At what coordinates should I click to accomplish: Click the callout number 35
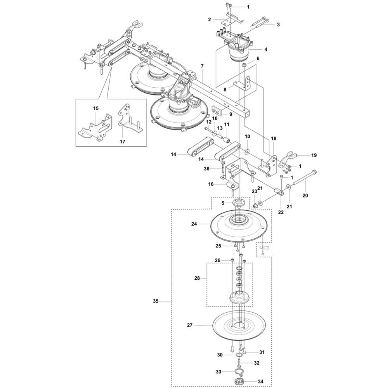pyautogui.click(x=156, y=301)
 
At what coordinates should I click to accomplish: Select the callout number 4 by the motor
pyautogui.click(x=266, y=49)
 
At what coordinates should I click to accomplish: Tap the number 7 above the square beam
pyautogui.click(x=202, y=66)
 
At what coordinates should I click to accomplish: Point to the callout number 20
pyautogui.click(x=305, y=196)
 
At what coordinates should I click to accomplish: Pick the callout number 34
pyautogui.click(x=260, y=381)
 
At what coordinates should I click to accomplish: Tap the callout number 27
pyautogui.click(x=190, y=325)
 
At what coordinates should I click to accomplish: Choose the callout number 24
pyautogui.click(x=194, y=224)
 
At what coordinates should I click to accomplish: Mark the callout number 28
pyautogui.click(x=197, y=278)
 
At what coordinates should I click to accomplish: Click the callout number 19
pyautogui.click(x=314, y=155)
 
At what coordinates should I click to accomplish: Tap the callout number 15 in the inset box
pyautogui.click(x=96, y=108)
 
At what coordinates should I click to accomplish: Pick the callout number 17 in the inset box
pyautogui.click(x=123, y=142)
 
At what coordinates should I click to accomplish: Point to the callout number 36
pyautogui.click(x=207, y=169)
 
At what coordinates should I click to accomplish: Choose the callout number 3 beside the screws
pyautogui.click(x=278, y=24)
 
